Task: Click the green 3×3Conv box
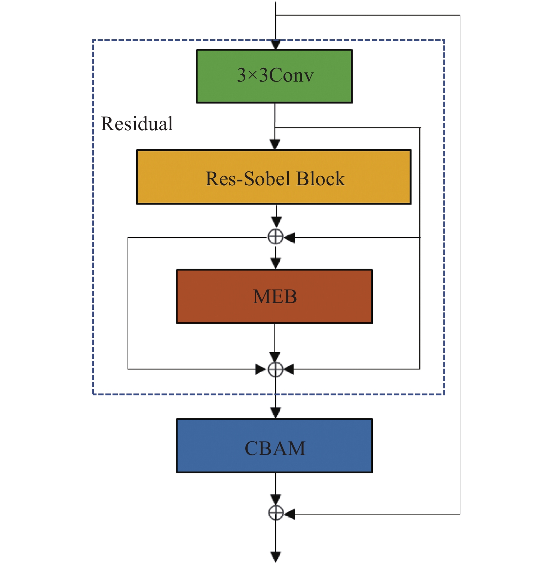pyautogui.click(x=274, y=76)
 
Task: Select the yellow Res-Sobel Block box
pyautogui.click(x=274, y=177)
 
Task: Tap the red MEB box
pyautogui.click(x=274, y=296)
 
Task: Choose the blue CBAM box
pyautogui.click(x=274, y=446)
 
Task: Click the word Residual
pyautogui.click(x=137, y=124)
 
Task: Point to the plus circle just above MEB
pyautogui.click(x=276, y=237)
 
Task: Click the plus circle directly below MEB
pyautogui.click(x=276, y=369)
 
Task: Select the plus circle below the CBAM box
pyautogui.click(x=276, y=513)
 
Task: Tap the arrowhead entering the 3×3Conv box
pyautogui.click(x=276, y=45)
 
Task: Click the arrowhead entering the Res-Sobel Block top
pyautogui.click(x=275, y=144)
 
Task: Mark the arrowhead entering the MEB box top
pyautogui.click(x=276, y=263)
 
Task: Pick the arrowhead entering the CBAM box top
pyautogui.click(x=276, y=413)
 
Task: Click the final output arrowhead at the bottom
pyautogui.click(x=276, y=557)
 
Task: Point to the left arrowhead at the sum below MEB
pyautogui.click(x=260, y=369)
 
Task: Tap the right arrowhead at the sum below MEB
pyautogui.click(x=289, y=369)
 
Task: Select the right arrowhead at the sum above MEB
pyautogui.click(x=289, y=237)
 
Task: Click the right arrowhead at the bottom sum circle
pyautogui.click(x=289, y=514)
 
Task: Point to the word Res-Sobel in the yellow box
pyautogui.click(x=248, y=178)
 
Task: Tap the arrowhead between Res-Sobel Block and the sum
pyautogui.click(x=276, y=222)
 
